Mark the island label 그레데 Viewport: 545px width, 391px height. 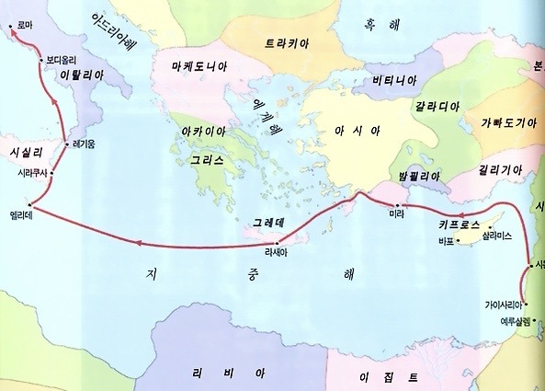[271, 224]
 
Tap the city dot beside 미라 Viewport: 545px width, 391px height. [397, 204]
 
